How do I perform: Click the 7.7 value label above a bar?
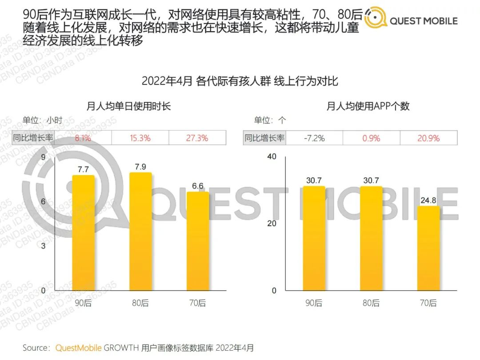tap(83, 169)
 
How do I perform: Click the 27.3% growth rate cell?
tap(197, 138)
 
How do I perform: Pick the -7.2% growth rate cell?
tap(314, 138)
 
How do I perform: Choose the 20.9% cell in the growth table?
tap(428, 138)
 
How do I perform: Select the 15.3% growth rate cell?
tap(140, 138)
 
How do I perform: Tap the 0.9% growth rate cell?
tap(371, 138)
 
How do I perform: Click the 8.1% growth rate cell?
tap(83, 138)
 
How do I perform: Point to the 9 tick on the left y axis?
tap(43, 157)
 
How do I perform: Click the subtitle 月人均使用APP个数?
tap(368, 106)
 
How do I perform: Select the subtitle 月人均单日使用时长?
tap(129, 106)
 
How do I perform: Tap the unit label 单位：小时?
tap(43, 120)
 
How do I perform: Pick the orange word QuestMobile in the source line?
tap(78, 348)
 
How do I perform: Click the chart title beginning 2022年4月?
tap(240, 81)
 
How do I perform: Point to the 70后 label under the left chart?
tap(197, 303)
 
